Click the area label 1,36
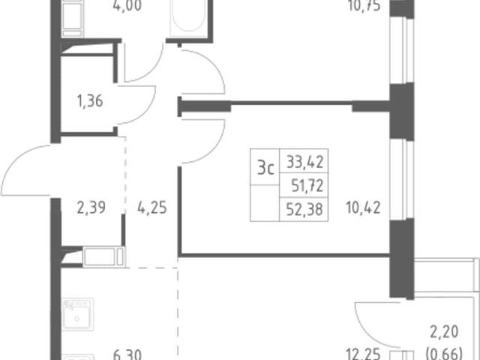(91, 101)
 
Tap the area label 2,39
(91, 208)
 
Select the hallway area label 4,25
(152, 208)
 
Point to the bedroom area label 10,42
(363, 208)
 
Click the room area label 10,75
(364, 5)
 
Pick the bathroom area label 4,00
(127, 5)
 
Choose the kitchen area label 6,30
(127, 355)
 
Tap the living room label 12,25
(363, 355)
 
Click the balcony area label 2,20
(444, 332)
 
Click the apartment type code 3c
(265, 168)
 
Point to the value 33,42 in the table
(304, 162)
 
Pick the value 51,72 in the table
(307, 186)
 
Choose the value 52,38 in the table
(304, 210)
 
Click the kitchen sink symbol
(77, 314)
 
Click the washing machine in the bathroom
(73, 18)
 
